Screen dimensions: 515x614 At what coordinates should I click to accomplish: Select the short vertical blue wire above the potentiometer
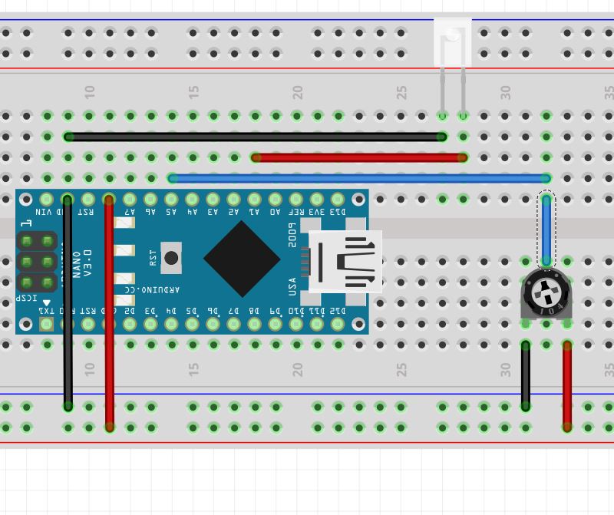coord(546,230)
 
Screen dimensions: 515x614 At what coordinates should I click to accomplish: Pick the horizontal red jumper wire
coord(358,157)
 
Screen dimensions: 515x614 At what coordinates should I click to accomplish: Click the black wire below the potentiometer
coord(526,375)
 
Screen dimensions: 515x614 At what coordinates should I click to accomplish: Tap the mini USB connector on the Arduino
coord(345,261)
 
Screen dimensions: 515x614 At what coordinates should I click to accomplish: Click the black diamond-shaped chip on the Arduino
coord(242,259)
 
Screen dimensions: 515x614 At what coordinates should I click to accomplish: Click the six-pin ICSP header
coord(37,262)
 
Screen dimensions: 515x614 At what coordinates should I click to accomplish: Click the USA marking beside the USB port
coord(292,286)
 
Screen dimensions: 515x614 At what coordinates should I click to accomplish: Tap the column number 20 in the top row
coord(297,91)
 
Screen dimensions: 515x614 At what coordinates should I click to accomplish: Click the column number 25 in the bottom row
coord(401,369)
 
